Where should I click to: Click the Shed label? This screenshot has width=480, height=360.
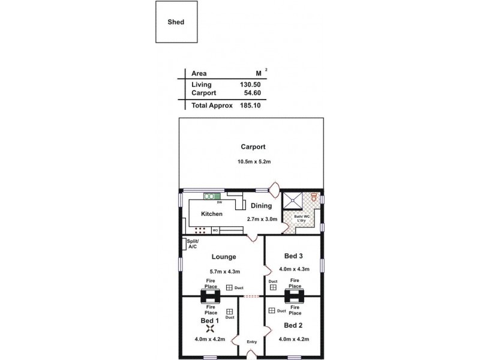[176, 22]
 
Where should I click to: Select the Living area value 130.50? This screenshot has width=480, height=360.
[249, 85]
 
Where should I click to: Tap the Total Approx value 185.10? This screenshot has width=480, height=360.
[249, 105]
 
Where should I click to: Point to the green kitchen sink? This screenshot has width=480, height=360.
[211, 196]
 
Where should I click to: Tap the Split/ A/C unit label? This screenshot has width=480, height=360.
[192, 244]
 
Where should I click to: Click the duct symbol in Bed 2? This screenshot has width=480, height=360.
[272, 310]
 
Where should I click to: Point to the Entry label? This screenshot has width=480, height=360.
[251, 342]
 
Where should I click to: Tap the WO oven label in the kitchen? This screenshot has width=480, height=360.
[215, 230]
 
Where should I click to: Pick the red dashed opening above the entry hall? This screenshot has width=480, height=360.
[251, 296]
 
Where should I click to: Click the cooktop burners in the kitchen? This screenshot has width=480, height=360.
[200, 230]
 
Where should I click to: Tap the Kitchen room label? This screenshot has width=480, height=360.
[212, 214]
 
